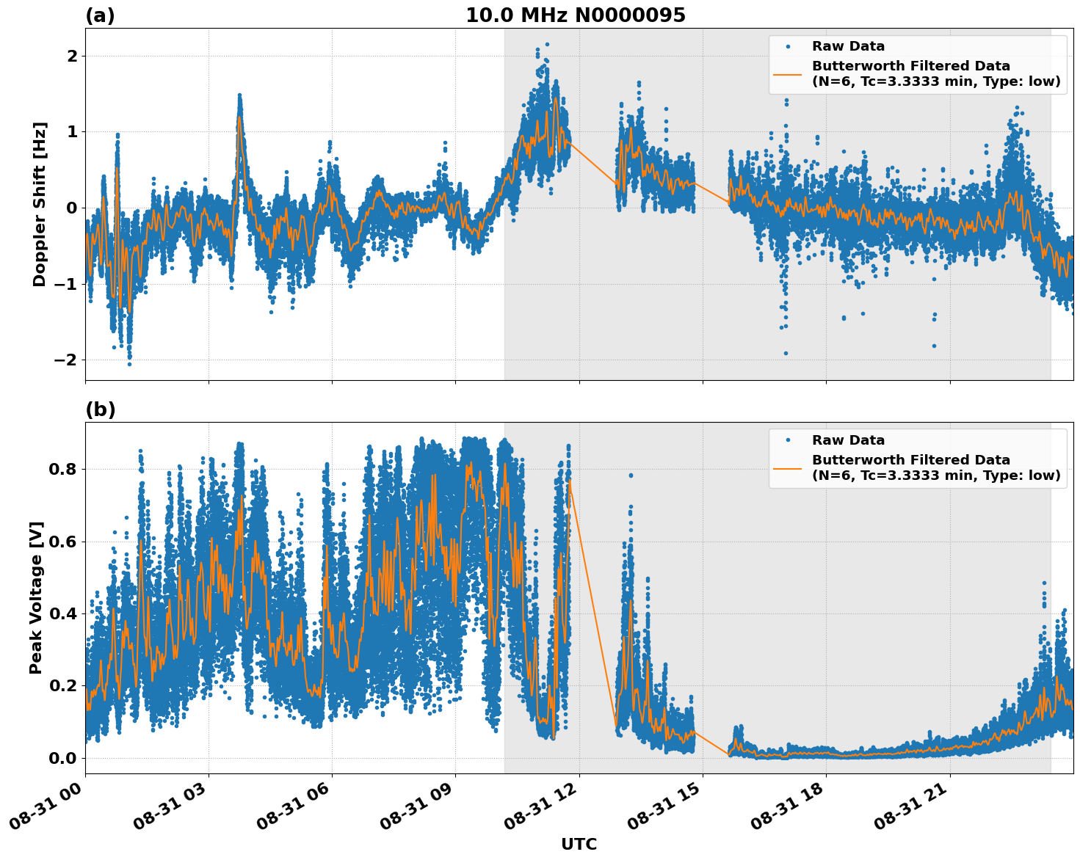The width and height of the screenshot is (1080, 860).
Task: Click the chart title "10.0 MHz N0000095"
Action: coord(575,15)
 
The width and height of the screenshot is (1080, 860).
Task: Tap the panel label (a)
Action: coord(100,15)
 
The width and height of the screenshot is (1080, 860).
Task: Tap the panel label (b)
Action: coord(100,409)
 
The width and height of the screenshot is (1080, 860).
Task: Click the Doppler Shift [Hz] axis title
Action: coord(40,204)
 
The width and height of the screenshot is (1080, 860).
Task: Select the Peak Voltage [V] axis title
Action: coord(36,597)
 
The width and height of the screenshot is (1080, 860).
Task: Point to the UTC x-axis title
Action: coord(579,844)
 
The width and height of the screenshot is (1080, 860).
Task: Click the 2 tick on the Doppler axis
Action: coord(72,56)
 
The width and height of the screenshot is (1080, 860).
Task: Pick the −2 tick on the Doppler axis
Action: coord(66,360)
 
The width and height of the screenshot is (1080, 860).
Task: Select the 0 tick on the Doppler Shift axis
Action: coord(72,208)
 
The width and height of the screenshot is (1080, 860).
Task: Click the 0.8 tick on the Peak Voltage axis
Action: coord(63,469)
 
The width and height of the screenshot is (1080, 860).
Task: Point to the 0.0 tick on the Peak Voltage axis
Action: coord(63,758)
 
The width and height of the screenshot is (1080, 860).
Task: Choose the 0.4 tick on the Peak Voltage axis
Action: coord(63,613)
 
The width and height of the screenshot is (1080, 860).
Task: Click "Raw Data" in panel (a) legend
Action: coord(848,46)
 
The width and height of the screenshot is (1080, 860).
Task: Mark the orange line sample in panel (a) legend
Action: coord(787,73)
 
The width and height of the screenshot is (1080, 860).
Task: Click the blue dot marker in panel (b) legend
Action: coord(787,440)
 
